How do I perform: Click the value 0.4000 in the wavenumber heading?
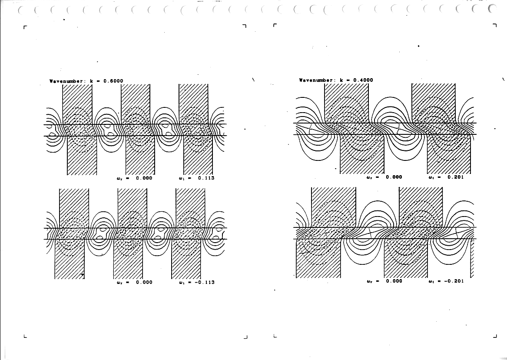(363, 80)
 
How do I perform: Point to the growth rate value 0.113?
(206, 178)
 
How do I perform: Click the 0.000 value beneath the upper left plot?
(144, 178)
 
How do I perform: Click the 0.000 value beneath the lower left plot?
(144, 282)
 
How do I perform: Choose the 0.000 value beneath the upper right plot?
(394, 177)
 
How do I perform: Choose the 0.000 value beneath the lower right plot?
(394, 281)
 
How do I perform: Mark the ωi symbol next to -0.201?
(431, 281)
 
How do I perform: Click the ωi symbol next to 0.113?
(182, 178)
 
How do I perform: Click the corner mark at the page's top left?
(25, 27)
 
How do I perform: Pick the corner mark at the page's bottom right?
(495, 336)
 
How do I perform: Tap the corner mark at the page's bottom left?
(25, 337)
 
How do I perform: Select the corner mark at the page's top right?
(495, 25)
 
